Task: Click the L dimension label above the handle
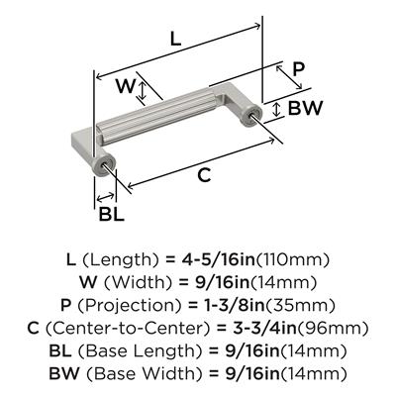tap(175, 40)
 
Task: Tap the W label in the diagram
tap(126, 86)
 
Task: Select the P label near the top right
tap(298, 69)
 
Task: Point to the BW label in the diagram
tap(305, 108)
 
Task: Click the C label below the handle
tap(204, 174)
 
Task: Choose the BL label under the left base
tap(112, 215)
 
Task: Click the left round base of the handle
tap(104, 164)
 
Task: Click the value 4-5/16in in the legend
tap(218, 260)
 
